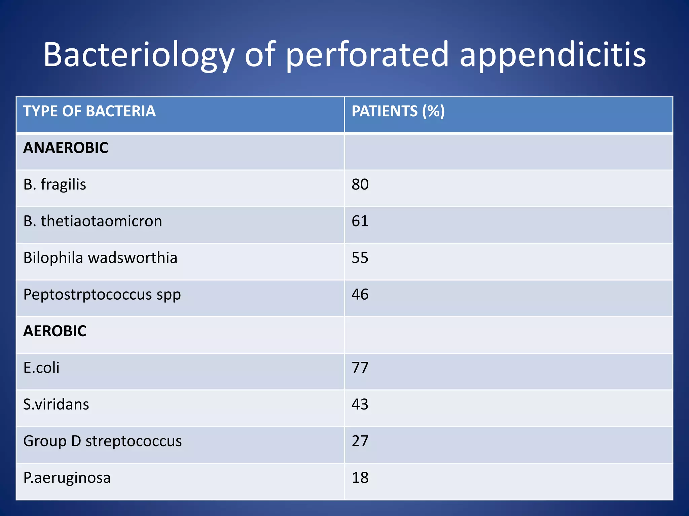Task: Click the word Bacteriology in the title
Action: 138,55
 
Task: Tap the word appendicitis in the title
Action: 552,55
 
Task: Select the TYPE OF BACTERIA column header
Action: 89,111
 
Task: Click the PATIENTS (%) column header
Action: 398,111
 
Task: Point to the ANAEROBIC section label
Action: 66,148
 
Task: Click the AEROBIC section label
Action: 55,331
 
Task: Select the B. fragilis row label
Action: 55,184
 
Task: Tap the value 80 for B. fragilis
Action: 360,184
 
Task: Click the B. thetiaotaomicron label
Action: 93,221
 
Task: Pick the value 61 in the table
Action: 360,221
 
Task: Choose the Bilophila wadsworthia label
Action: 100,258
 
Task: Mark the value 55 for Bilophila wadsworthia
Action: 360,258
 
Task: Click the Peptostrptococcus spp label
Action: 102,295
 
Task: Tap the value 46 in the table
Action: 360,294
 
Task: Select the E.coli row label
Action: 41,368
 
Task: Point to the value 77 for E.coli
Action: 360,368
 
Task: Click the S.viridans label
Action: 56,404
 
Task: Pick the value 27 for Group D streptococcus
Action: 360,441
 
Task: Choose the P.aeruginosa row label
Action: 67,478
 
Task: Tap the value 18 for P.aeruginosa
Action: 360,477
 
